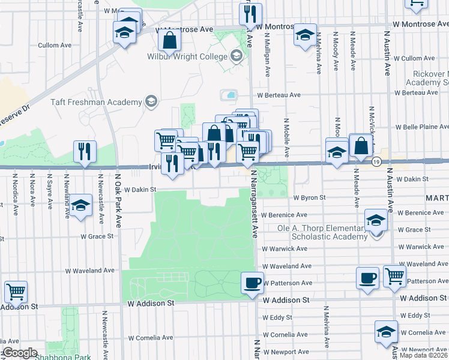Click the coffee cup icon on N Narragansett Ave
pos(253,281)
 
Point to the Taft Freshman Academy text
pos(112,101)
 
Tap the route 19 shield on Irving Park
pos(376,161)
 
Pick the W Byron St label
pos(309,197)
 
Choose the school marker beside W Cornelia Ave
pos(386,331)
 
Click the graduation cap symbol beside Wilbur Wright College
pos(237,56)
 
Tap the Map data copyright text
pos(423,355)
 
